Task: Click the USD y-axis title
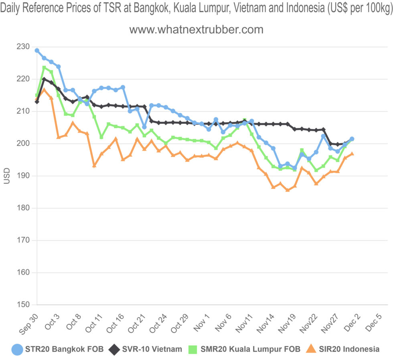[6, 176]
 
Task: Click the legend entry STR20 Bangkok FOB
[64, 349]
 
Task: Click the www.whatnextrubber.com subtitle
[196, 29]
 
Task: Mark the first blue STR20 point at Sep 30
[37, 51]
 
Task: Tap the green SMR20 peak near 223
[44, 68]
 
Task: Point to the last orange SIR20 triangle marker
[352, 154]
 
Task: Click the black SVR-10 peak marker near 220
[44, 79]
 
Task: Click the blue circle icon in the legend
[17, 349]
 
